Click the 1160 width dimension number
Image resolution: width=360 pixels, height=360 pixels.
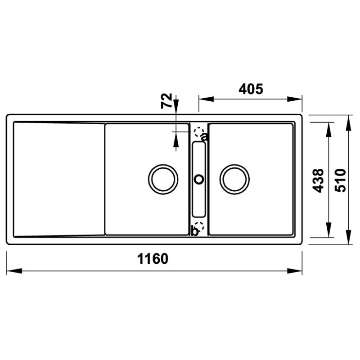click(x=153, y=258)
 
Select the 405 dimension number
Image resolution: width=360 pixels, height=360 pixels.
click(x=251, y=89)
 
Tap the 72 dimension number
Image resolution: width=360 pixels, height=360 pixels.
click(x=166, y=100)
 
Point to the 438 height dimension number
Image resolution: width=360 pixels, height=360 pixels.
click(x=319, y=180)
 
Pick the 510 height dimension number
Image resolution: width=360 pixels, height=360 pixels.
click(x=340, y=180)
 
